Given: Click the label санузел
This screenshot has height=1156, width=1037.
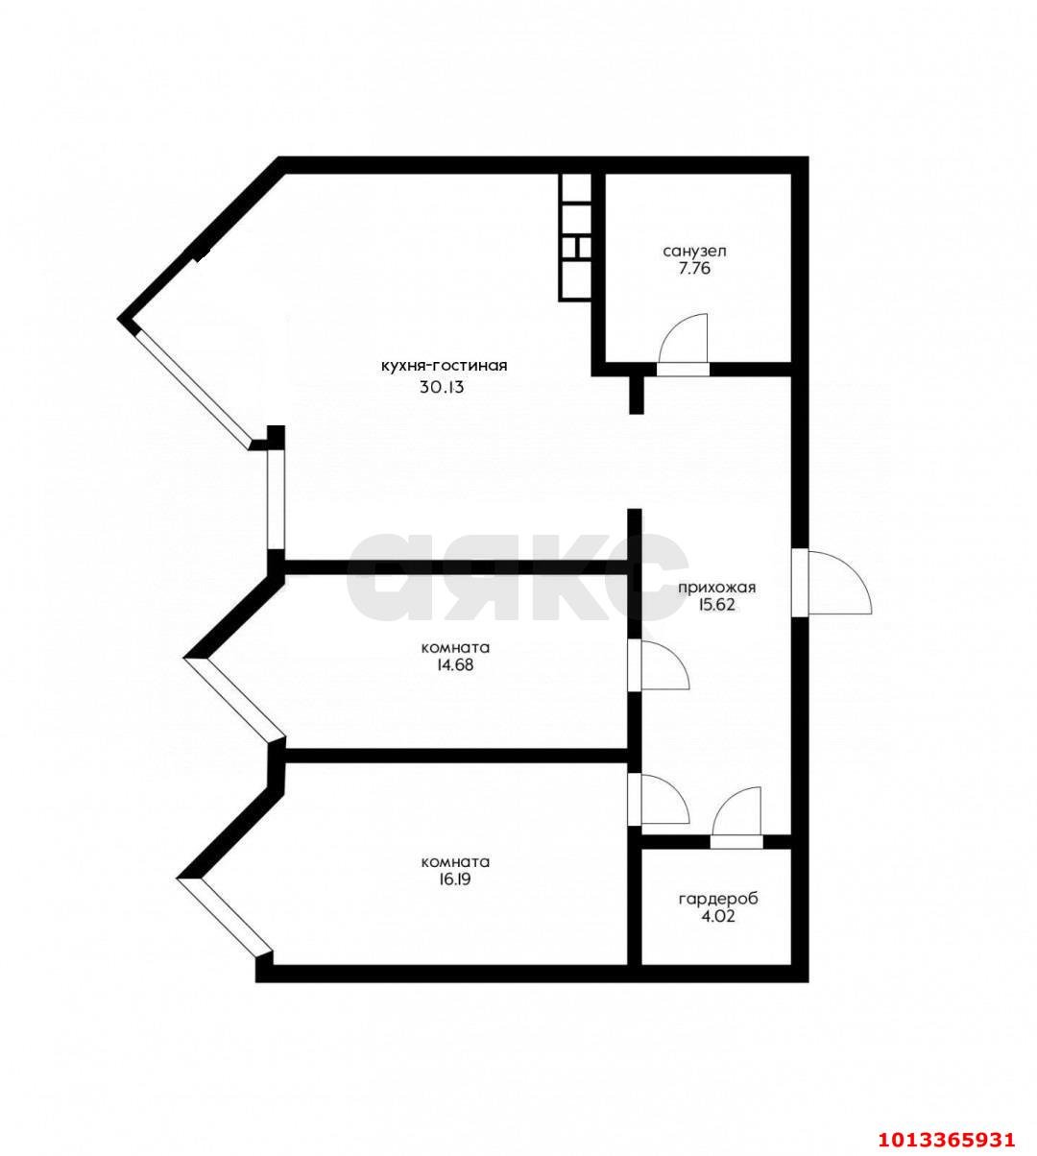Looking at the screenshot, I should [694, 251].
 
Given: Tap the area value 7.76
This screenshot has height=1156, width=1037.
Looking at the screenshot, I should [694, 269].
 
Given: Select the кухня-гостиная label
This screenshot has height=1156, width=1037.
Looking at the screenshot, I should [443, 366].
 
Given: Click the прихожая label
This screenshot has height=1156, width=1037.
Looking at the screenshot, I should [717, 588].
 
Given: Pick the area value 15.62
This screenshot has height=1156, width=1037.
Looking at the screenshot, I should [717, 606].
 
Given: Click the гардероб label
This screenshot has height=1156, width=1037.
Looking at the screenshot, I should [718, 899].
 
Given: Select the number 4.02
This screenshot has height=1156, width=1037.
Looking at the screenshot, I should [718, 917].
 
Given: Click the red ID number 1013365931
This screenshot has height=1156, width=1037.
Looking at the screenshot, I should [946, 1139].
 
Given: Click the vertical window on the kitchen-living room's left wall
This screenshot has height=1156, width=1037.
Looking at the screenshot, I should [276, 499].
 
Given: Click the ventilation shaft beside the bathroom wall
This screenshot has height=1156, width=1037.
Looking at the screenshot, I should [575, 237].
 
